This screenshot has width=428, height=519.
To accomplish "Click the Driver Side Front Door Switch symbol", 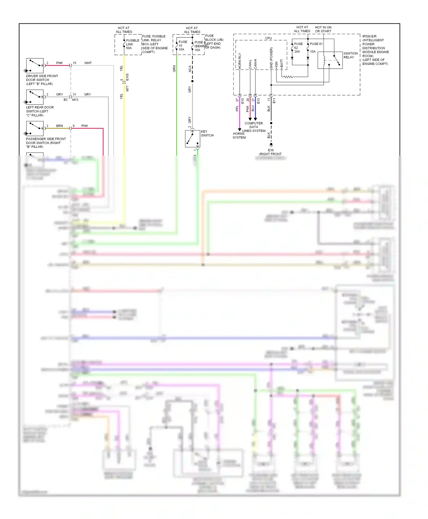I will pyautogui.click(x=35, y=66).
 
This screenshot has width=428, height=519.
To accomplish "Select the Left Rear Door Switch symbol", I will pyautogui.click(x=35, y=97).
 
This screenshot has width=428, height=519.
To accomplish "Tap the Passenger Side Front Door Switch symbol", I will pyautogui.click(x=35, y=128).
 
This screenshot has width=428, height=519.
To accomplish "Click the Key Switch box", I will pyautogui.click(x=193, y=139).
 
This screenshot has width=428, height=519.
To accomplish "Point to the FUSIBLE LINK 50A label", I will pyautogui.click(x=132, y=44).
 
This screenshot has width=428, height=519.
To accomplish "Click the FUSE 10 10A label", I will pyautogui.click(x=182, y=46).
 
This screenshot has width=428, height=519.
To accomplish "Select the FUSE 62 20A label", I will pyautogui.click(x=298, y=48).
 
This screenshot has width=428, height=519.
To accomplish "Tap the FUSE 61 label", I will pyautogui.click(x=316, y=44).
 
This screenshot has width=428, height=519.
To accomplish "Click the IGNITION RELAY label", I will pyautogui.click(x=350, y=55).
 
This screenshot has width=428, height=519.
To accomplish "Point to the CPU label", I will pyautogui.click(x=268, y=38).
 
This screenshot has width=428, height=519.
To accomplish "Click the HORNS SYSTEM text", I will pyautogui.click(x=239, y=136).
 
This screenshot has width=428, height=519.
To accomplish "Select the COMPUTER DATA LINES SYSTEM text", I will pyautogui.click(x=254, y=127).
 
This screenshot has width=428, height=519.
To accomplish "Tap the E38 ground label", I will pyautogui.click(x=271, y=150).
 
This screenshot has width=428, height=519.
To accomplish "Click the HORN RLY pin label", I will pyautogui.click(x=240, y=61).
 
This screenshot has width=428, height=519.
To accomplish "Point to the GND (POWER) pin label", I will pyautogui.click(x=271, y=58).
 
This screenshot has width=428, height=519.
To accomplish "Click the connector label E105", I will pyautogui.click(x=127, y=77).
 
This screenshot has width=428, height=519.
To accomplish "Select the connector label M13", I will pyautogui.click(x=75, y=100).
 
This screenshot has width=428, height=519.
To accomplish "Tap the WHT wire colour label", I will pyautogui.click(x=88, y=63).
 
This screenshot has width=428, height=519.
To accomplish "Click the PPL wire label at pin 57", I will pyautogui.click(x=237, y=108).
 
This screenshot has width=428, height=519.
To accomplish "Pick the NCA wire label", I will pyautogui.click(x=190, y=69).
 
